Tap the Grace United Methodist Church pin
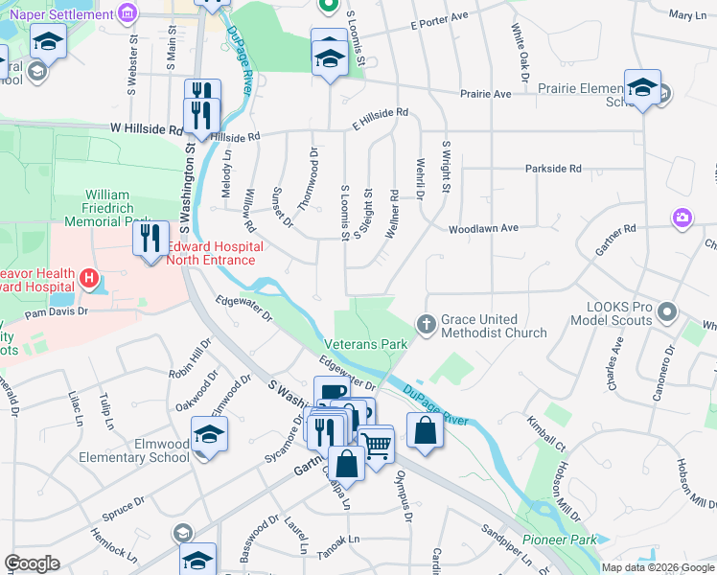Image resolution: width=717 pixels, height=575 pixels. [x=426, y=326]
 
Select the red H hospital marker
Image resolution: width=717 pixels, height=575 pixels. [x=89, y=279]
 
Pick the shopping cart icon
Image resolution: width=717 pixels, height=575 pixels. [x=377, y=445]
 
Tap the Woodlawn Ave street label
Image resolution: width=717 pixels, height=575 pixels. [x=483, y=228]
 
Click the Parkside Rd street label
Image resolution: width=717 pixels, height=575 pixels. [x=553, y=169]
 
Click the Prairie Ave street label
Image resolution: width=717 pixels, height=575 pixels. [x=486, y=94]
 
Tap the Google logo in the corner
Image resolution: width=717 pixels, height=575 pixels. [x=32, y=563]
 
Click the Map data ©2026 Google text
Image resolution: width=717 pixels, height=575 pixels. [x=657, y=567]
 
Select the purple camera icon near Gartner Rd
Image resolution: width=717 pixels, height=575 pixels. [x=682, y=218]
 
